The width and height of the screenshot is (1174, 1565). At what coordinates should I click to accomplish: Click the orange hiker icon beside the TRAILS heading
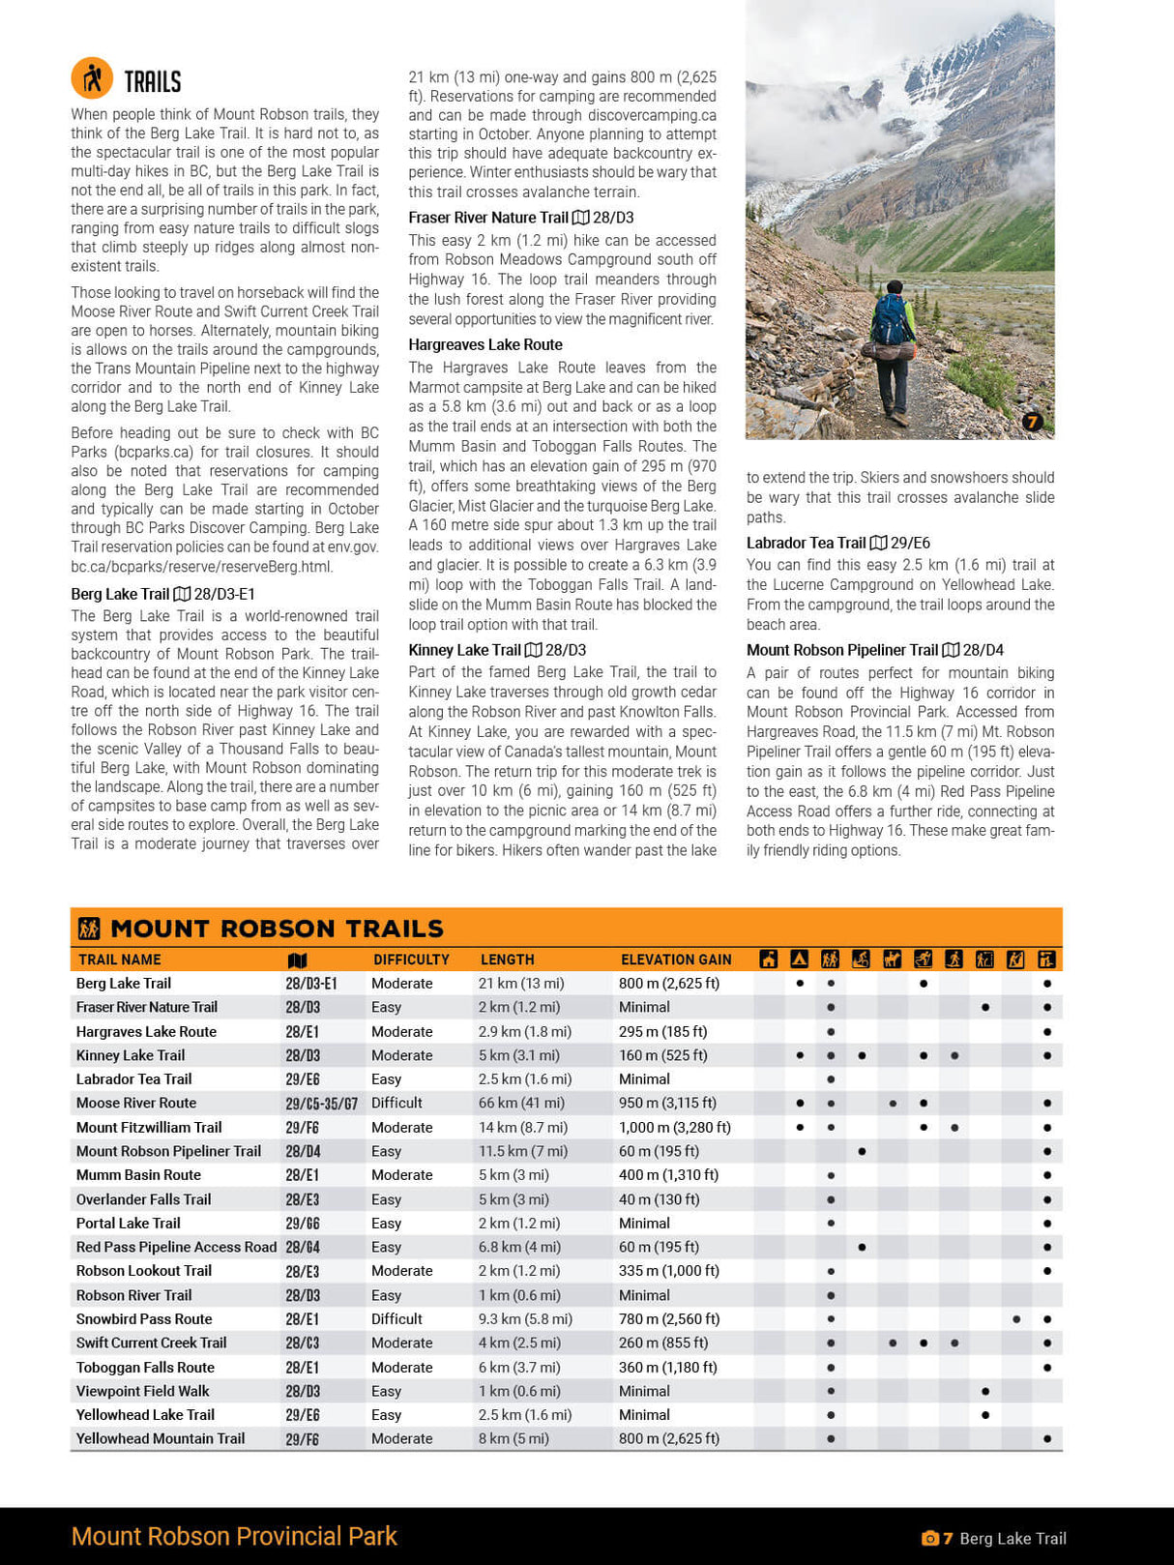[x=92, y=78]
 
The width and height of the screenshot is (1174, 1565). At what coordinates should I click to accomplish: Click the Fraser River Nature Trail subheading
[x=487, y=218]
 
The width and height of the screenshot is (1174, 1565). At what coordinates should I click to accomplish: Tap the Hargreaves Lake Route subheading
[x=484, y=344]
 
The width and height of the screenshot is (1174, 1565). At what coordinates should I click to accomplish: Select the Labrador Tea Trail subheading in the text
[x=806, y=543]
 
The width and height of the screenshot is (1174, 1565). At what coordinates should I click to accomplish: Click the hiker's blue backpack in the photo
[x=891, y=320]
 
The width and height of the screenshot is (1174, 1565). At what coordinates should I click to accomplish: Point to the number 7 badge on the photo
[x=1032, y=422]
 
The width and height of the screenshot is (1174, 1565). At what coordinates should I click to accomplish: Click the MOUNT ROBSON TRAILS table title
[x=277, y=929]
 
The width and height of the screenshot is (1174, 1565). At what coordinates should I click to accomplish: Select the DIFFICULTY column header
[x=411, y=960]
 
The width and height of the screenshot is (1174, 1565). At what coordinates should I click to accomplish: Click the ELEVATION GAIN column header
[x=676, y=960]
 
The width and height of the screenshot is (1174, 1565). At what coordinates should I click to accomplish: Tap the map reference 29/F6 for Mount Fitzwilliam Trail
[x=302, y=1128]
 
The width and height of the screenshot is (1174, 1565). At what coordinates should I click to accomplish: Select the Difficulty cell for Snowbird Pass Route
[x=396, y=1318]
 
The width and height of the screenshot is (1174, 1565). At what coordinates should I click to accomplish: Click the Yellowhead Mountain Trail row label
[x=161, y=1438]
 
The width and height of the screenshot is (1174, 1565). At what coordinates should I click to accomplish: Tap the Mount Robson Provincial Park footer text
[x=234, y=1536]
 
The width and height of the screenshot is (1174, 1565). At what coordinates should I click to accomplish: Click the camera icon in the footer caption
[x=929, y=1538]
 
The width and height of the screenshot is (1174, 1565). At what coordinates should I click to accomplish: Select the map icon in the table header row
[x=297, y=960]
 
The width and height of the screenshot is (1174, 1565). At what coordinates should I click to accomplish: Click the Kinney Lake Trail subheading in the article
[x=464, y=650]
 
